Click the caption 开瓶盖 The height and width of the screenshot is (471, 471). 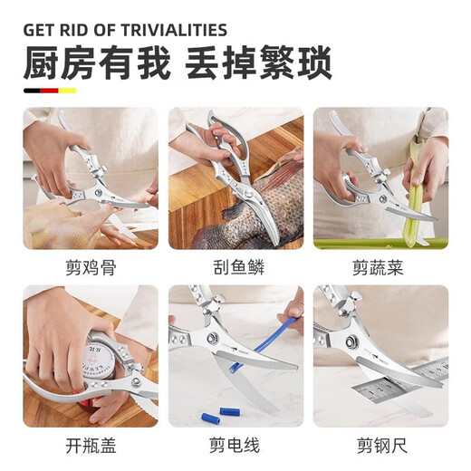[91, 446]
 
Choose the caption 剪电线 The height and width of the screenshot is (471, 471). [235, 446]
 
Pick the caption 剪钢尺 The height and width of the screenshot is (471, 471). [380, 446]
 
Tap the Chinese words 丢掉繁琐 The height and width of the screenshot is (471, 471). [259, 64]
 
